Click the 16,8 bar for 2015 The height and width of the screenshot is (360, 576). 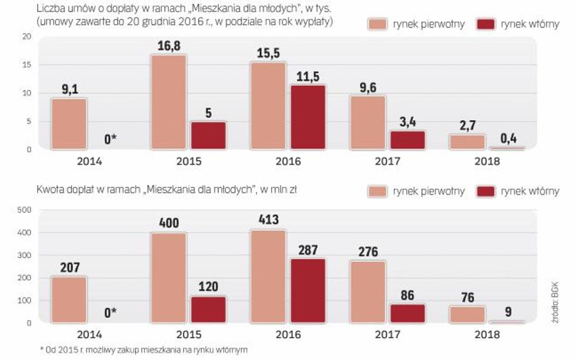tap(169, 102)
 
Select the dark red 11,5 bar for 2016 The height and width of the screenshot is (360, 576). tap(308, 117)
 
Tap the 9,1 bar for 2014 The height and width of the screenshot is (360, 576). tap(69, 124)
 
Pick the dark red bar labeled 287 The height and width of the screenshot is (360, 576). tap(308, 291)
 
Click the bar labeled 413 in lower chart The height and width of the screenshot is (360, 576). tap(269, 276)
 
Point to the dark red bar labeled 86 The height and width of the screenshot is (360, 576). tap(408, 313)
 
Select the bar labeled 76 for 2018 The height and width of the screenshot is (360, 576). tap(468, 314)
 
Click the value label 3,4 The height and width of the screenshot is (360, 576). tap(408, 121)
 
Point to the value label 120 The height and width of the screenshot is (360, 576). tap(208, 287)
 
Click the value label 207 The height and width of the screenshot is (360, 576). tap(69, 267)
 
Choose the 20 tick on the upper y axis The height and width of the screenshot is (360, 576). tap(26, 37)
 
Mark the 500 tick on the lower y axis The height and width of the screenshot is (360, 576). tap(24, 211)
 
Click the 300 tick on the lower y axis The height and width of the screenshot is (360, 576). tap(24, 256)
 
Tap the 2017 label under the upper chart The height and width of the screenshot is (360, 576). tap(388, 162)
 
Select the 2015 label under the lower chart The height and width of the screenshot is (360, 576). tap(188, 335)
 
